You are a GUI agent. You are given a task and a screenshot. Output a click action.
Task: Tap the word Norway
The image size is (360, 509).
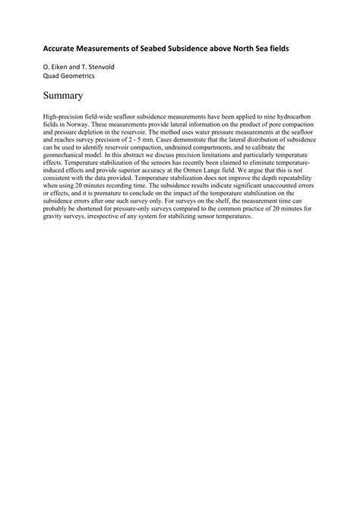(x=74, y=122)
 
